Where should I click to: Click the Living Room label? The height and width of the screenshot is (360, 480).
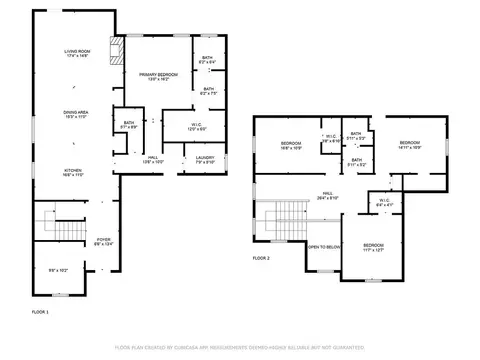coord(78,53)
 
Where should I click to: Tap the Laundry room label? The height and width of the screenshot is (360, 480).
coord(205,160)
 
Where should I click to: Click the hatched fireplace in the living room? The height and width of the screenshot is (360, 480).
coord(115,51)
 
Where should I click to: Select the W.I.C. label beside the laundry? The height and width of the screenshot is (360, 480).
coord(197,126)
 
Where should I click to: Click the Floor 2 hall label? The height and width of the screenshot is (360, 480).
coord(327,195)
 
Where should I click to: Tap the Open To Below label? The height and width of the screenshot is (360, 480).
coord(324,246)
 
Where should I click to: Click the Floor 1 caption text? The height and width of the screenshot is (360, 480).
coord(40,312)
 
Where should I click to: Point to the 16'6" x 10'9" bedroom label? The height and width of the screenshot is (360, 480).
coord(291,146)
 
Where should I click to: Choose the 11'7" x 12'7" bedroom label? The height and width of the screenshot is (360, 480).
coord(373,248)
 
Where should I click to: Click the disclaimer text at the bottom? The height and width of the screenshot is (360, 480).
coord(239,347)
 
